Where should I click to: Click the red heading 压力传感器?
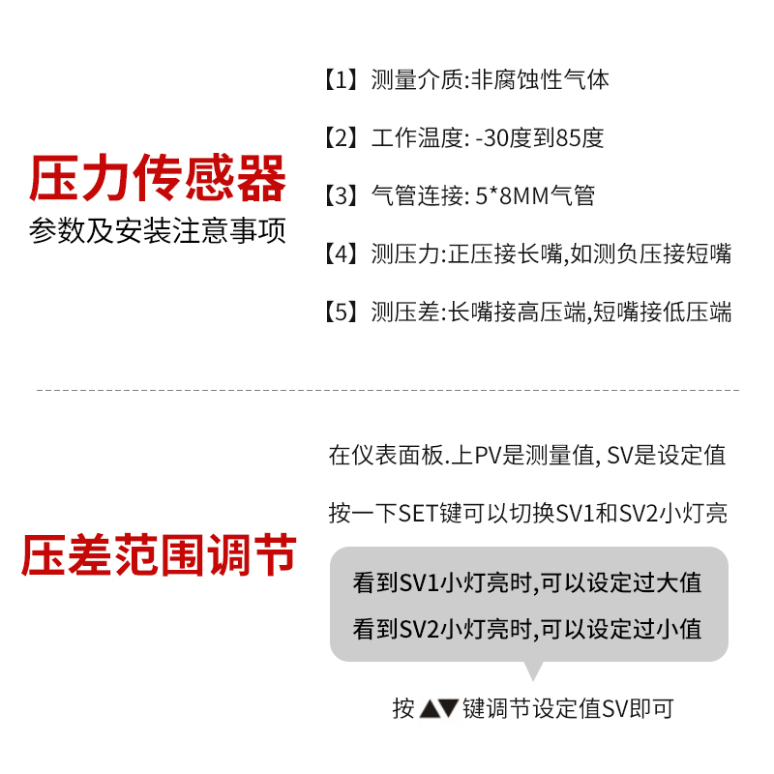[x=158, y=180]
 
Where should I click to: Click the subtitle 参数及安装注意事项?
[x=158, y=232]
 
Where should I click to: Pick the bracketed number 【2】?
[x=342, y=137]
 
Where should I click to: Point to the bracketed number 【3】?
[x=342, y=195]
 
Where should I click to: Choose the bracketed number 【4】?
[x=342, y=254]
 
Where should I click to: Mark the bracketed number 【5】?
[x=342, y=313]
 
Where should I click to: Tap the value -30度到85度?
[x=540, y=137]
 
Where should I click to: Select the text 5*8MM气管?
[x=535, y=195]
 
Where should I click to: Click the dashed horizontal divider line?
[x=387, y=391]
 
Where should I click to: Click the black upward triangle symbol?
[x=430, y=709]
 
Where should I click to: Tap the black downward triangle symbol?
[x=448, y=709]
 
